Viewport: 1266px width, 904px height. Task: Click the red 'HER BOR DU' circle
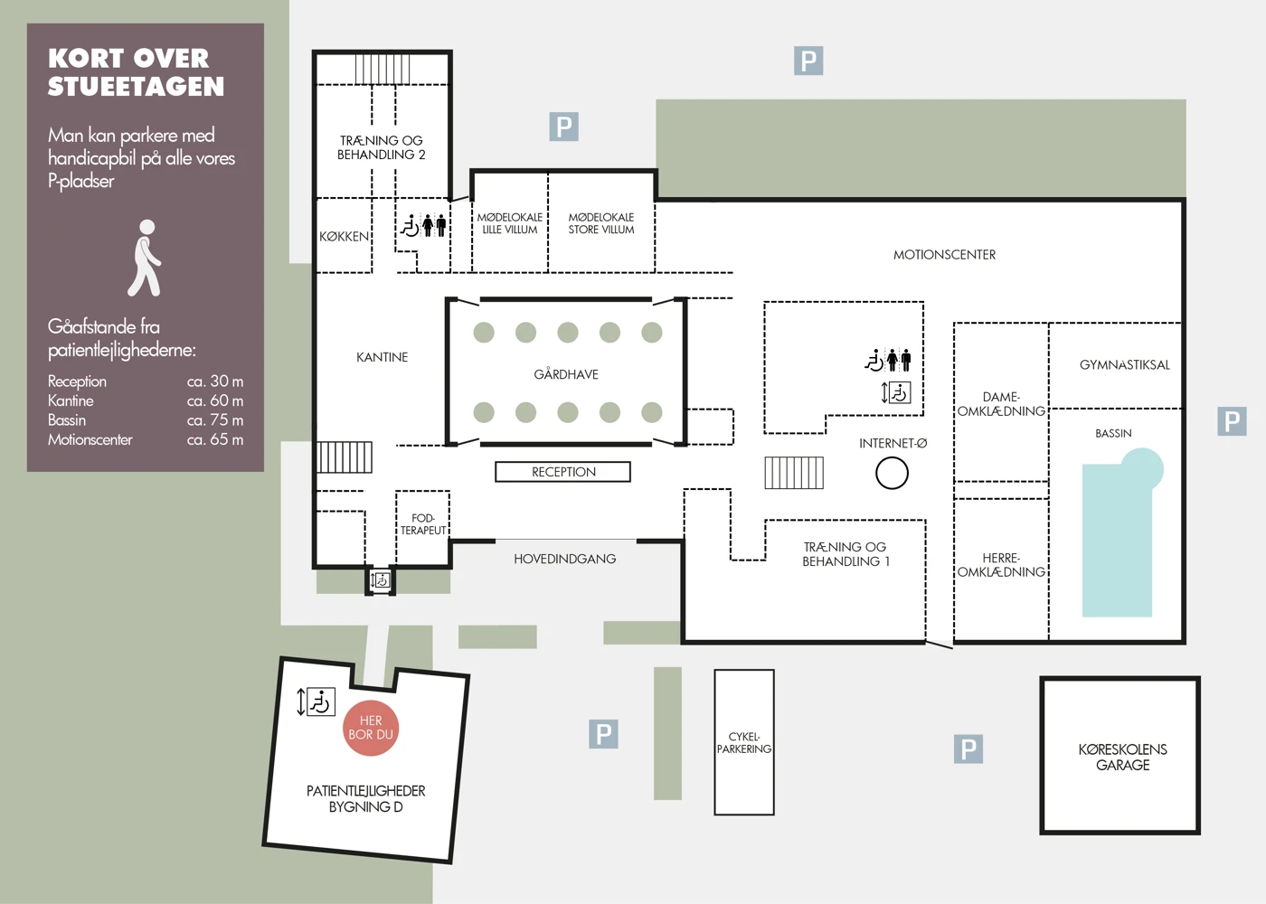click(x=371, y=728)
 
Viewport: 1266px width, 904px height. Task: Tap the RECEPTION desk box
click(x=562, y=472)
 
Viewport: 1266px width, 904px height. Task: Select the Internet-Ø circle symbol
click(x=892, y=473)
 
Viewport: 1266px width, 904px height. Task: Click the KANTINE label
click(x=382, y=357)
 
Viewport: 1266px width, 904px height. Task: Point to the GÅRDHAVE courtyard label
click(x=566, y=374)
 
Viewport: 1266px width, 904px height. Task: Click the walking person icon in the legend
click(x=146, y=259)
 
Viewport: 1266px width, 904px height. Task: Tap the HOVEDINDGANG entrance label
click(x=564, y=559)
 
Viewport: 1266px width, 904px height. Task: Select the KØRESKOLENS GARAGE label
click(x=1122, y=758)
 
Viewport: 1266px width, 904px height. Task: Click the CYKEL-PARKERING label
click(x=743, y=743)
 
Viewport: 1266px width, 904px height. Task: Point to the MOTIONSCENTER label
click(x=944, y=255)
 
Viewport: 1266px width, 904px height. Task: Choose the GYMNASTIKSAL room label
click(x=1125, y=365)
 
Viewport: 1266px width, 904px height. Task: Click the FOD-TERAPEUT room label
click(x=423, y=523)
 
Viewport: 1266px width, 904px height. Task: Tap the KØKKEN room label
click(x=344, y=237)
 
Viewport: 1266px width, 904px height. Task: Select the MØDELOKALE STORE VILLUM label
click(x=601, y=223)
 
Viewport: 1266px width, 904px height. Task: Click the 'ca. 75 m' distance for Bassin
click(x=215, y=419)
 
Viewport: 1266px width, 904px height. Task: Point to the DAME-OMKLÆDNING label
click(x=1001, y=404)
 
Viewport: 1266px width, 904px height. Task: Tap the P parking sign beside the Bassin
click(x=1232, y=421)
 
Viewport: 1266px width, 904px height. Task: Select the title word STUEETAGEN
click(x=137, y=87)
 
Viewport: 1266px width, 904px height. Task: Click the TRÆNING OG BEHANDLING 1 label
click(x=846, y=554)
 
